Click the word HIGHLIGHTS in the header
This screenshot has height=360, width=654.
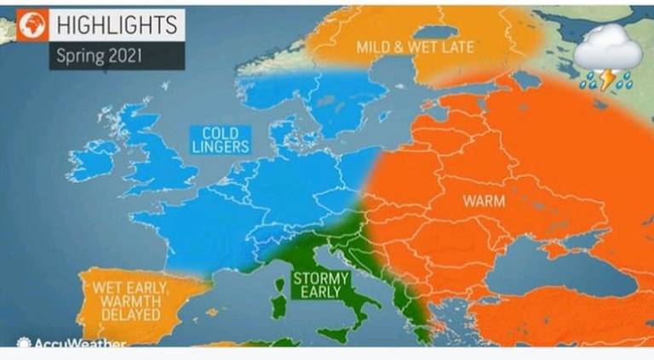116,25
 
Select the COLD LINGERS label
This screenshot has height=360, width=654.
220,140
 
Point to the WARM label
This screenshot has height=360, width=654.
484,202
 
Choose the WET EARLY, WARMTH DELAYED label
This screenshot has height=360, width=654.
130,300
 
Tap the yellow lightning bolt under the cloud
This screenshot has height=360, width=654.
605,81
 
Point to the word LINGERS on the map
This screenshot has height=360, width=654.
220,146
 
